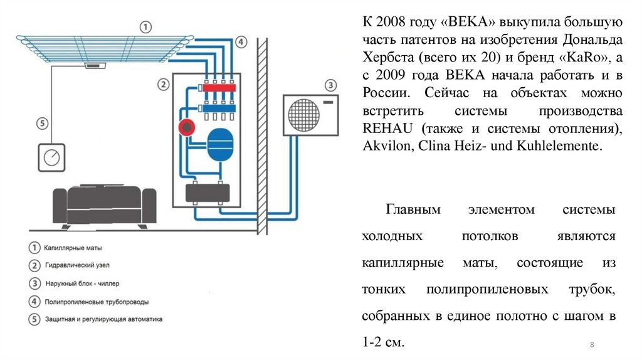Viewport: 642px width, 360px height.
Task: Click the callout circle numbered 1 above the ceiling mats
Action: click(145, 27)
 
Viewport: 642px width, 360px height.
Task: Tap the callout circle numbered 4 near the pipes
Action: click(241, 42)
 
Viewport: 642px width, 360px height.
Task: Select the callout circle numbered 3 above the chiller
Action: click(330, 85)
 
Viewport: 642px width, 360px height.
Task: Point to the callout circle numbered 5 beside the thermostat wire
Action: click(42, 123)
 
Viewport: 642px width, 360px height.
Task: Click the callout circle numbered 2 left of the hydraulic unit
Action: click(163, 83)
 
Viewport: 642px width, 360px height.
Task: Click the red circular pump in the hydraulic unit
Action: click(186, 128)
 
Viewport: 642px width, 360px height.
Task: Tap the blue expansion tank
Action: click(219, 142)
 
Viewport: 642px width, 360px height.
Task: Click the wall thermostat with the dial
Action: click(52, 157)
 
